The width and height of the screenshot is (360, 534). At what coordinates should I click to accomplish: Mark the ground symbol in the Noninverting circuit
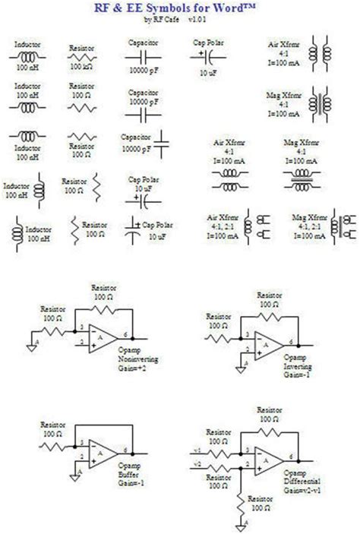(x=33, y=344)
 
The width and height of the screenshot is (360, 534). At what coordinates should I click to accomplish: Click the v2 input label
(x=197, y=463)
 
